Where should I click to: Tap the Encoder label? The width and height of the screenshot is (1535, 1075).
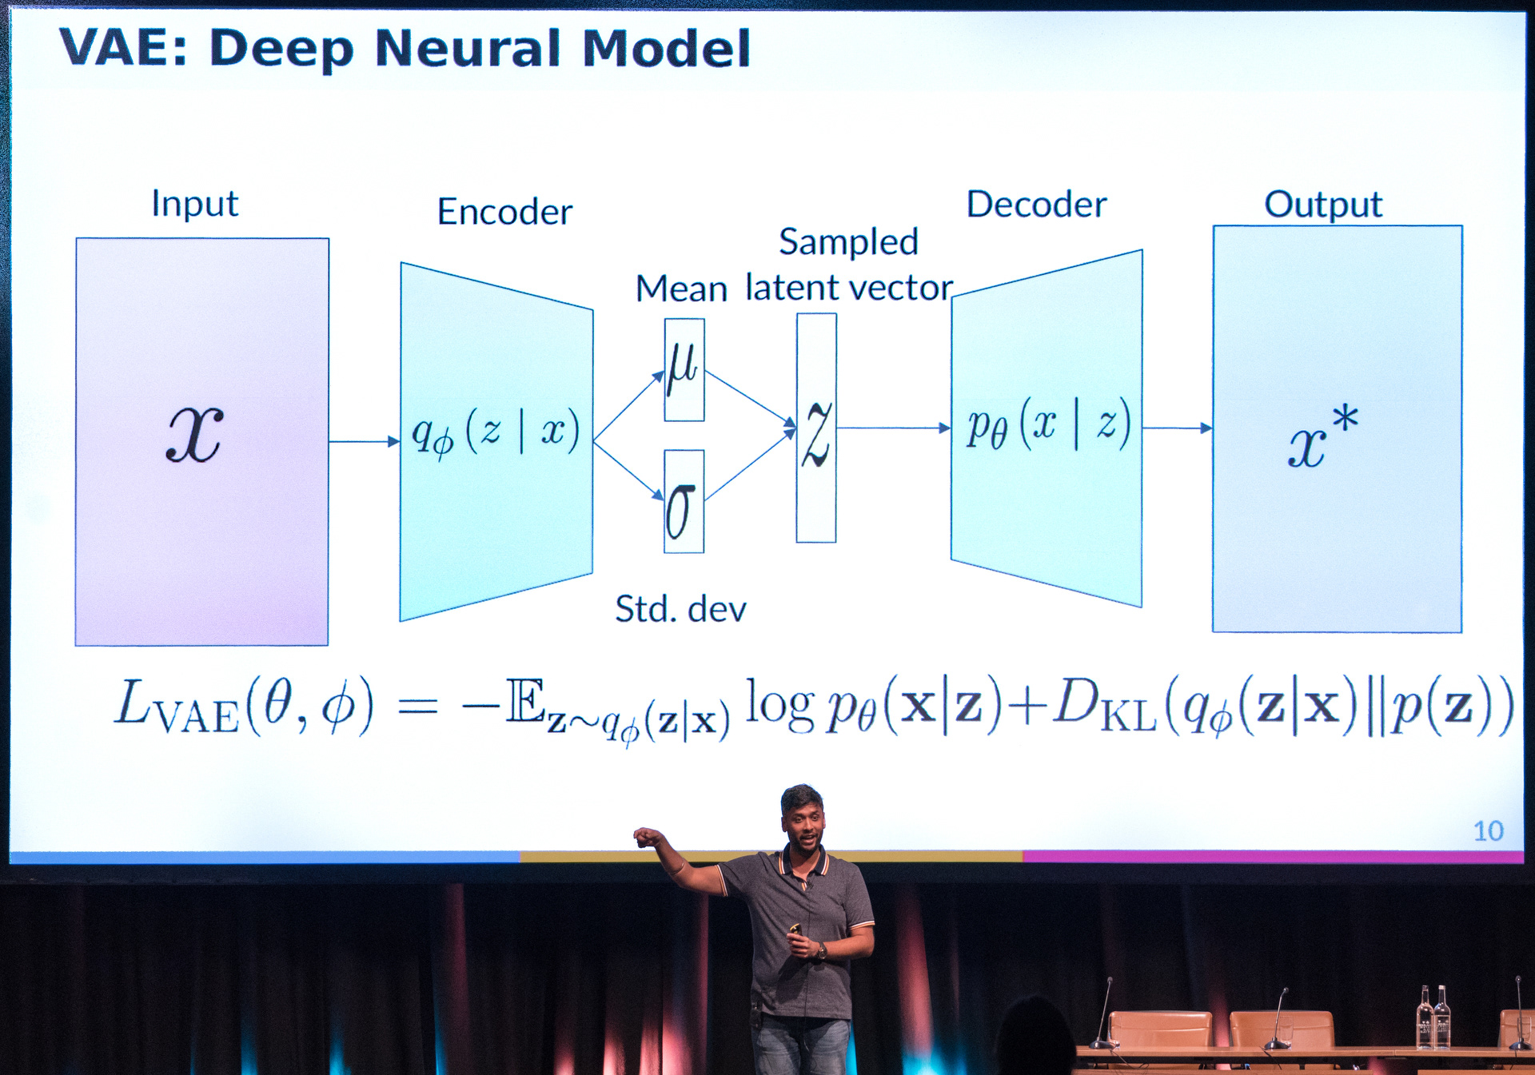(x=504, y=212)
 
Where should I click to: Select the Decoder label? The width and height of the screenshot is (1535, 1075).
(x=1036, y=205)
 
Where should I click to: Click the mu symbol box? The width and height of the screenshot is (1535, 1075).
(x=684, y=369)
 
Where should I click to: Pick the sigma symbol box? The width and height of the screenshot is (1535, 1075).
(x=684, y=502)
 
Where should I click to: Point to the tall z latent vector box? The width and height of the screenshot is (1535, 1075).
(x=816, y=428)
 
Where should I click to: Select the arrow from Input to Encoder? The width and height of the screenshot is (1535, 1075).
(x=364, y=441)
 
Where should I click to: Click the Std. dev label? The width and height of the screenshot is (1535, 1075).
(x=680, y=609)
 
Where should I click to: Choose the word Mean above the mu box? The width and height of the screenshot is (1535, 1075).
(x=681, y=289)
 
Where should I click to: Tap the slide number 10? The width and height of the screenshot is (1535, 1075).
(x=1488, y=831)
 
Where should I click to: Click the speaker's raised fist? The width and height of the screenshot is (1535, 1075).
(x=646, y=838)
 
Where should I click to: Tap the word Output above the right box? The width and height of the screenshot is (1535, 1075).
(x=1322, y=205)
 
